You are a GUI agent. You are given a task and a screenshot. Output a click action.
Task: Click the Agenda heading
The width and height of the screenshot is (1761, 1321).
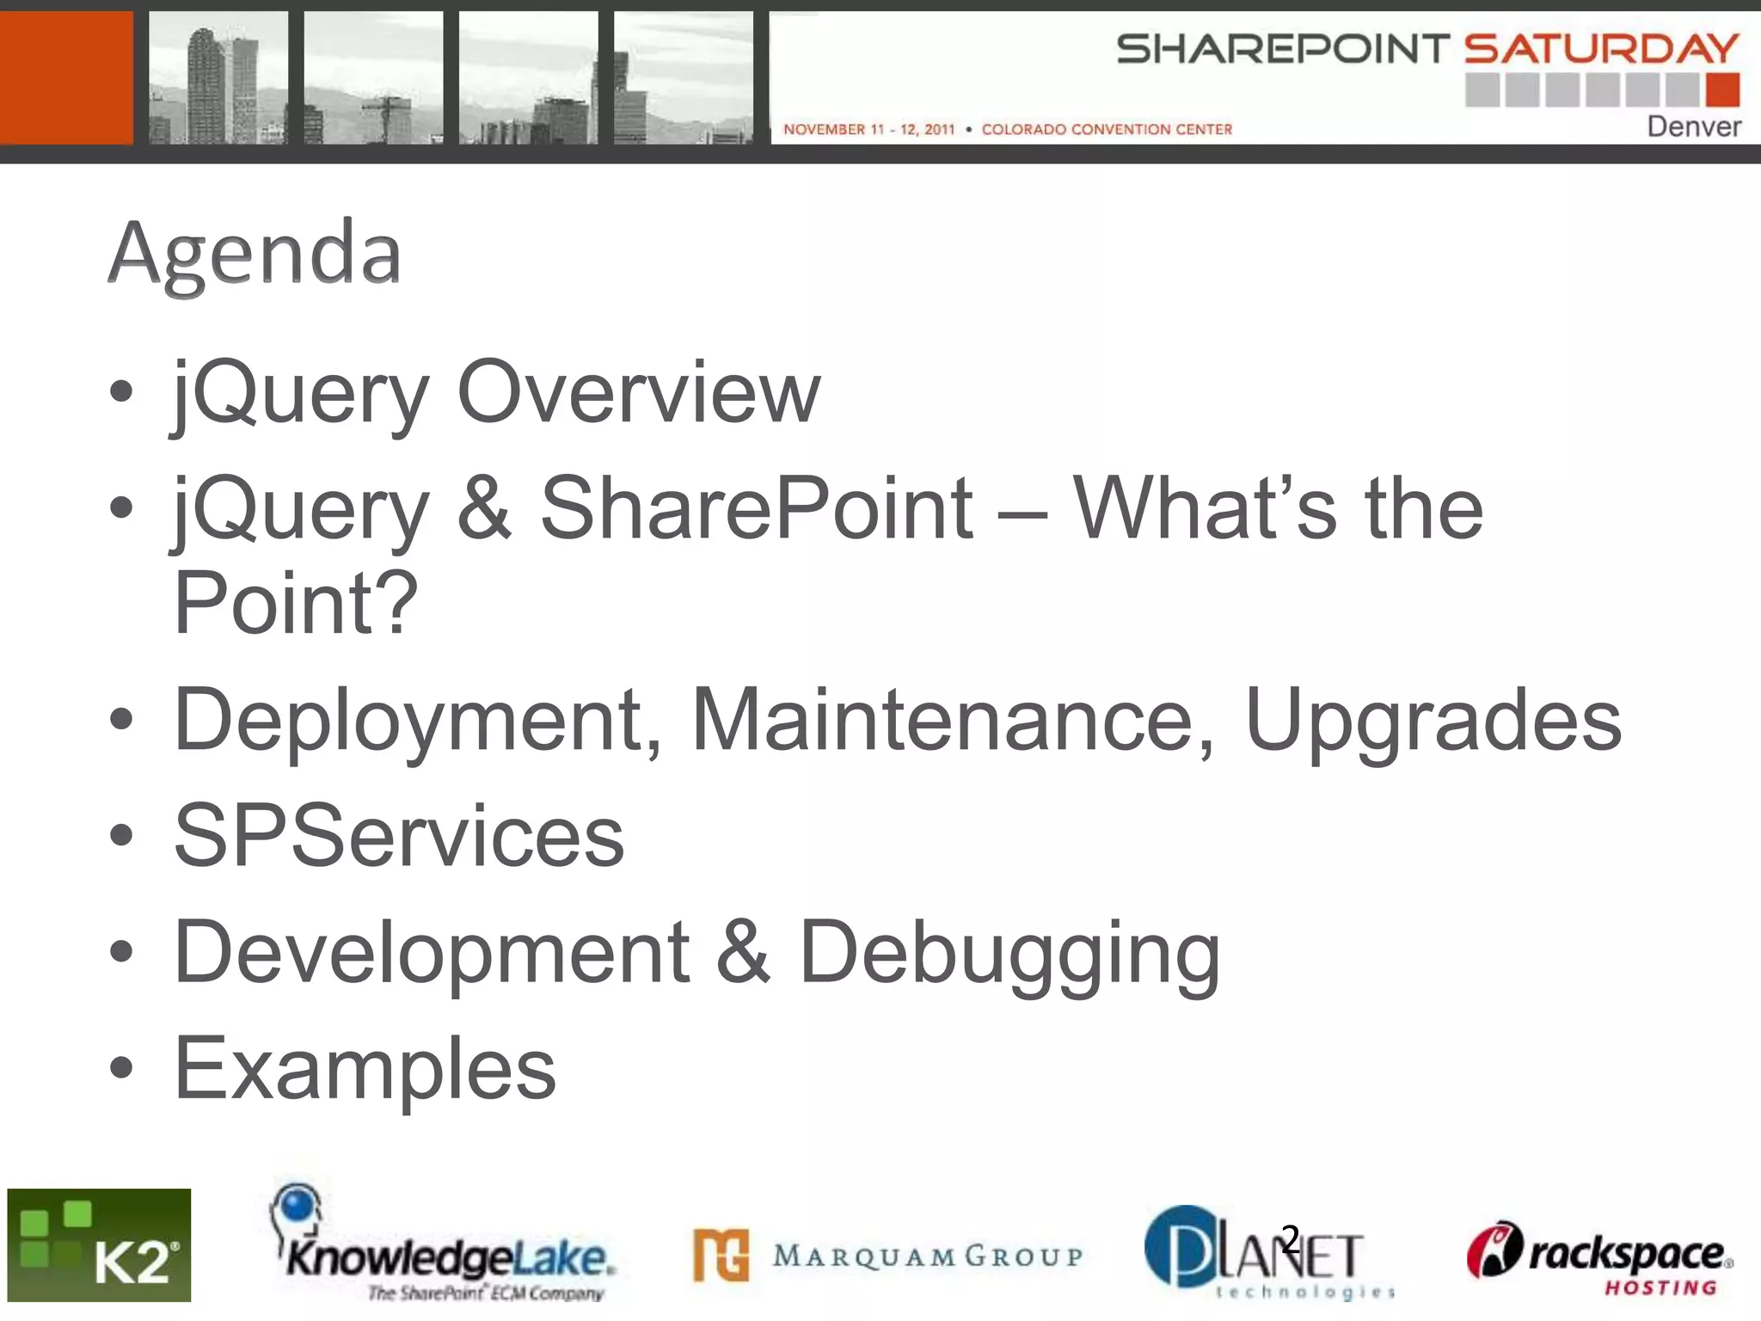pos(255,253)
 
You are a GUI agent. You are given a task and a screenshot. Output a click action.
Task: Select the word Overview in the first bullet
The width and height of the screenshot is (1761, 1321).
pos(638,392)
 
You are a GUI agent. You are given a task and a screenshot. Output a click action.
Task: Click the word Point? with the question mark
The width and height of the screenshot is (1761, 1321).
pos(295,604)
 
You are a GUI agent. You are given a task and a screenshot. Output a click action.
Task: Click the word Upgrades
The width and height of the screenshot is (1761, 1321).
pos(1433,720)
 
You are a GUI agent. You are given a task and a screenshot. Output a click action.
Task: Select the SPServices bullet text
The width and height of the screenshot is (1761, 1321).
pos(399,836)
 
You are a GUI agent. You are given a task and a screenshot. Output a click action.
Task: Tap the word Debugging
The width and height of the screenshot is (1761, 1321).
pos(1009,952)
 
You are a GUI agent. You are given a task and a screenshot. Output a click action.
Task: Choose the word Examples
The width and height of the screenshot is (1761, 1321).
pos(365,1068)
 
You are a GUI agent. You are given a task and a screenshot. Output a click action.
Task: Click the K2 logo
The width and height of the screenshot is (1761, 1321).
pos(99,1245)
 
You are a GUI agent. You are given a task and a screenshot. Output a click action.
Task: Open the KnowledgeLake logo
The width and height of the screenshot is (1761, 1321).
pos(443,1247)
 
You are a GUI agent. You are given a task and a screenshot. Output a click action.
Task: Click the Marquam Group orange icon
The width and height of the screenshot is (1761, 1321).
pos(721,1256)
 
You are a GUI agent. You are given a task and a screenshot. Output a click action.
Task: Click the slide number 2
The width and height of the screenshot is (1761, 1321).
pos(1290,1239)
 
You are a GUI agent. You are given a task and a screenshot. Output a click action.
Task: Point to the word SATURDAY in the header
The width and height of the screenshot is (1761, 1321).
pos(1601,48)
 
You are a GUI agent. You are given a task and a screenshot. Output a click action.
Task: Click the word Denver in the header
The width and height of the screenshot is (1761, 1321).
pos(1693,126)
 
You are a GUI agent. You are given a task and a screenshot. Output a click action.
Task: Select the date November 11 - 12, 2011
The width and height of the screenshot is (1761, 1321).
pos(868,129)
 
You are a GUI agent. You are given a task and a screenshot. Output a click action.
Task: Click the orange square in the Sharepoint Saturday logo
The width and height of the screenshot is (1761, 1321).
pos(1722,89)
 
